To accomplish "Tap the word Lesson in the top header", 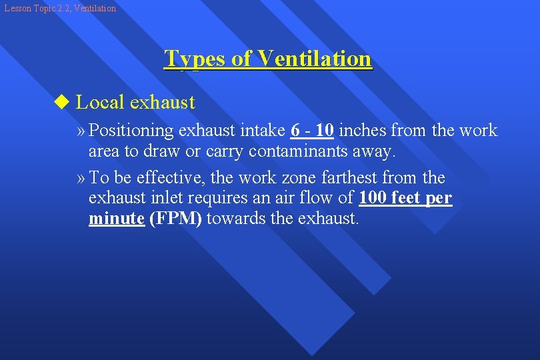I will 18,8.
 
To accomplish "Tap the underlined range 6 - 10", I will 313,131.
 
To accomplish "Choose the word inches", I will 362,131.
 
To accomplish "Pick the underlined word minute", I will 117,219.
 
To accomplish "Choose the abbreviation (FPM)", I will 175,219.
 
